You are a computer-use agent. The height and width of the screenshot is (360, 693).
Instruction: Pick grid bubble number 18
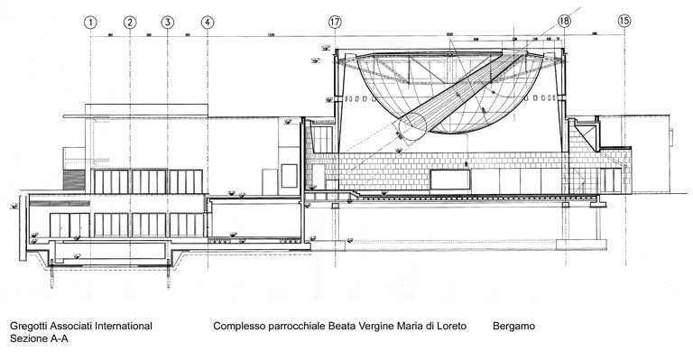click(565, 21)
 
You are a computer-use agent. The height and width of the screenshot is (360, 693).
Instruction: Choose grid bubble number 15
click(624, 21)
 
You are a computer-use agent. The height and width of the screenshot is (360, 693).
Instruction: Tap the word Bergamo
click(513, 326)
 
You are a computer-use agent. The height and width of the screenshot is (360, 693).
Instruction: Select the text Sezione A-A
click(39, 339)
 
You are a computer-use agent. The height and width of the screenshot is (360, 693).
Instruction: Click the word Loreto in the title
click(449, 326)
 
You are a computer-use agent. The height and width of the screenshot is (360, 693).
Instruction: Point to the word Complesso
click(239, 326)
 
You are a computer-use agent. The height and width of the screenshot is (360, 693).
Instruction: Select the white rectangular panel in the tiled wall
click(448, 179)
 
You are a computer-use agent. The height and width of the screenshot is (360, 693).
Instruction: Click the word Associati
click(74, 326)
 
